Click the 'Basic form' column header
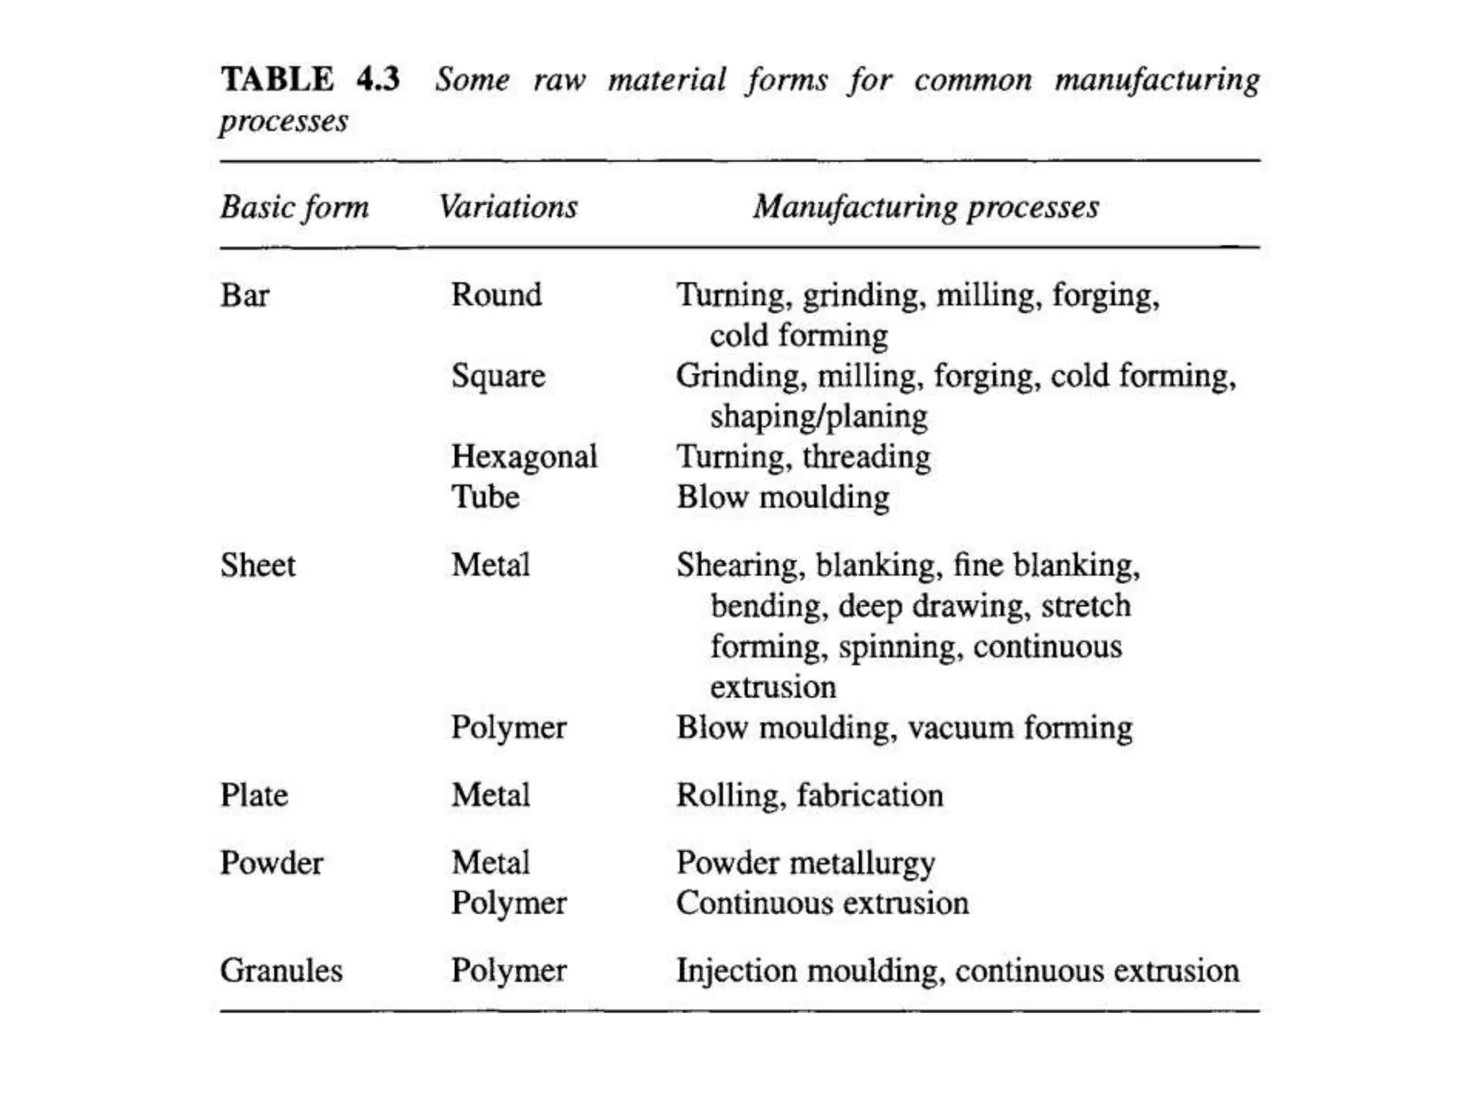point(295,207)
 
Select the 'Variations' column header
point(508,207)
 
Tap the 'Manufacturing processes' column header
point(926,207)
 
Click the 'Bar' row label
point(245,296)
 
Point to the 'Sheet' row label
point(258,565)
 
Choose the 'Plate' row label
point(254,796)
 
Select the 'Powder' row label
point(272,863)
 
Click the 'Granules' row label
point(281,971)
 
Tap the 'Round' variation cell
point(496,295)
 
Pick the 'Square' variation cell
point(498,377)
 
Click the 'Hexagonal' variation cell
point(524,457)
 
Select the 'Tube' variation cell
point(485,497)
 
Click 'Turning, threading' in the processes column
point(803,457)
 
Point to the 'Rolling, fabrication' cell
point(810,796)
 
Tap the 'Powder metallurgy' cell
point(805,864)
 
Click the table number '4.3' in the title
point(378,79)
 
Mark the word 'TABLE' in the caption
point(277,79)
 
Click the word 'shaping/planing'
point(818,417)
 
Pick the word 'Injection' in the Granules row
point(736,971)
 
